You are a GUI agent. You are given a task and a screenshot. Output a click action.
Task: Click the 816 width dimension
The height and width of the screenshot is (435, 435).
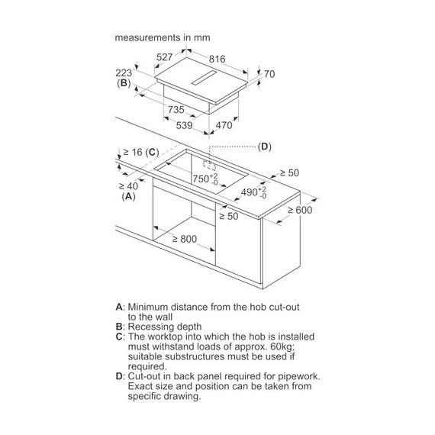pos(217,59)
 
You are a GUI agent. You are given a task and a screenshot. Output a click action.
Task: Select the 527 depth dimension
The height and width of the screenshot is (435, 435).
pos(165,57)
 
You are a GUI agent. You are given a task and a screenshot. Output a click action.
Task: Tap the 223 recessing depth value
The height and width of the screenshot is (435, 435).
pos(124,73)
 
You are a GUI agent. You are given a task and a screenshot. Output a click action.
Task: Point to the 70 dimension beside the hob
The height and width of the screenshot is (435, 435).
pos(269,74)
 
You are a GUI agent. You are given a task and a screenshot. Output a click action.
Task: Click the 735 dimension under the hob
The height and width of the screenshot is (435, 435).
pos(176,110)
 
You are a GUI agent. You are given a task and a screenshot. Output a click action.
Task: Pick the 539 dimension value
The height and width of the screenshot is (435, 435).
pos(184,125)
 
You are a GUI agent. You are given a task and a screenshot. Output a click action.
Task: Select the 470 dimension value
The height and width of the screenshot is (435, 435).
pos(224,125)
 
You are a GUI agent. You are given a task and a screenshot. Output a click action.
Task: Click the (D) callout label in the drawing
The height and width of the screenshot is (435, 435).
pos(264,147)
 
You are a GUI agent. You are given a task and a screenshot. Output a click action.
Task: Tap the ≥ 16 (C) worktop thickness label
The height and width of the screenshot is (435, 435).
pos(141,153)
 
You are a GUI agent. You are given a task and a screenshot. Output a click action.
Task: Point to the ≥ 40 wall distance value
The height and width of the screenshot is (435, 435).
pos(128,186)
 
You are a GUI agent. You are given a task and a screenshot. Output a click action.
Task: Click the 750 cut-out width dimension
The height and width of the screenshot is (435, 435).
pos(205,179)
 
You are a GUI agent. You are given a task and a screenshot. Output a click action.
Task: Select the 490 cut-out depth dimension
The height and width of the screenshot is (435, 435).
pos(253,192)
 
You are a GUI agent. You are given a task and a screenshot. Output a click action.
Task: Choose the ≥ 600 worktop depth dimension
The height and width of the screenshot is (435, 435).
pos(300,210)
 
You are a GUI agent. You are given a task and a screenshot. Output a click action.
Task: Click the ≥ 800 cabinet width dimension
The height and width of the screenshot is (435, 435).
pos(185,239)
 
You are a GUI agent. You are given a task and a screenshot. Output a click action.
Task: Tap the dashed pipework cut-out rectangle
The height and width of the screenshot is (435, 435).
pos(209,164)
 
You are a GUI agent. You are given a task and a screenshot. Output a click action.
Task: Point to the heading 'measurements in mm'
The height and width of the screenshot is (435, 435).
pos(163,37)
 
